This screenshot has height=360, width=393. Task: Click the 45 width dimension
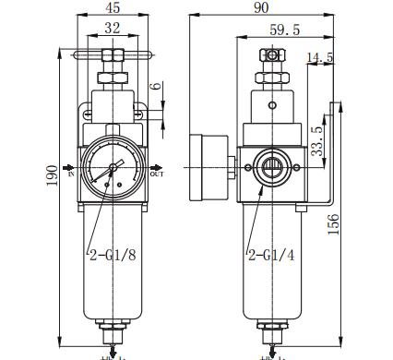tap(113, 9)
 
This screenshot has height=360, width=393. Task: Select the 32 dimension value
tap(113, 29)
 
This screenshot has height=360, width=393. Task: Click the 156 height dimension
tap(334, 224)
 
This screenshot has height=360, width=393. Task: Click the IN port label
tap(71, 171)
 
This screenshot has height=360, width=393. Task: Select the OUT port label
tap(156, 173)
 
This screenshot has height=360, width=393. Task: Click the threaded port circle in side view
tap(273, 167)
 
